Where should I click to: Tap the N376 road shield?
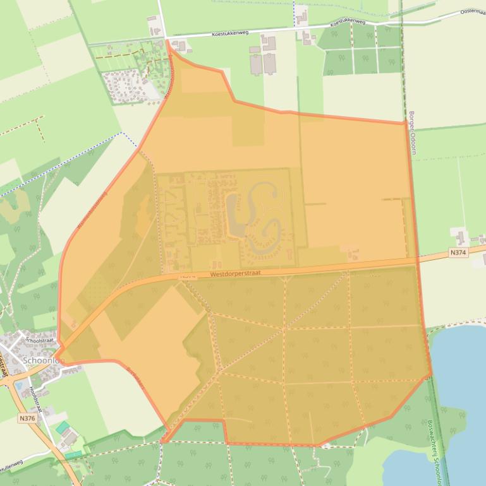coord(27,418)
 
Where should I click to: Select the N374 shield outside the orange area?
coord(459,252)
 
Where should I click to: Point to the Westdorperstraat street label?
coord(235,273)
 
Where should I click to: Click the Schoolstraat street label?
coord(41,340)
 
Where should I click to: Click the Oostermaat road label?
coord(472,11)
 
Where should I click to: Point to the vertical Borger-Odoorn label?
coord(413,133)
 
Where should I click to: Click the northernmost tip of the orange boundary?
coord(167,42)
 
